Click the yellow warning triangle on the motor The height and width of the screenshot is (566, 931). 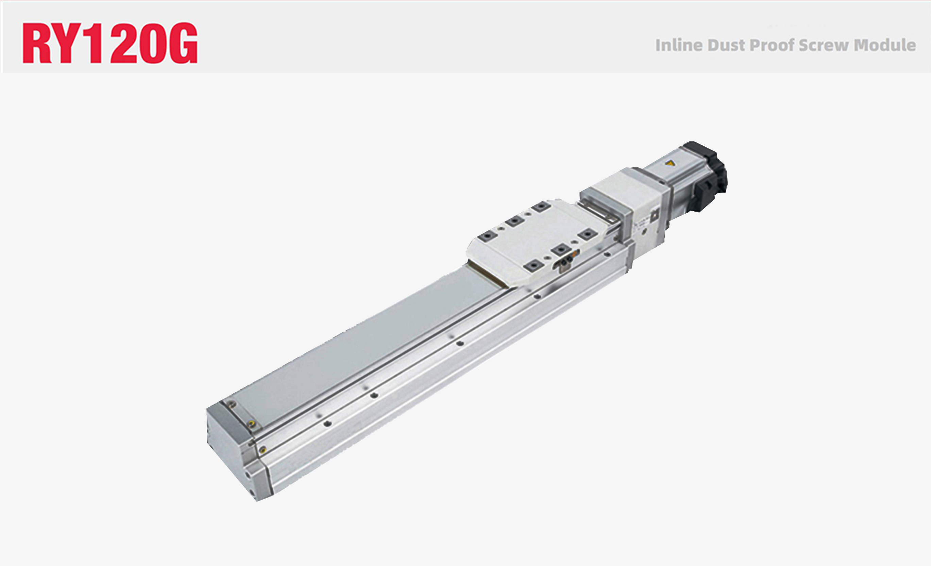pos(670,163)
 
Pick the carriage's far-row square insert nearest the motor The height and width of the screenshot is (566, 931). pos(541,207)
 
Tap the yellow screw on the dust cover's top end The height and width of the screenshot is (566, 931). pos(250,424)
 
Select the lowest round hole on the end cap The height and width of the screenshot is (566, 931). pos(252,493)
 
